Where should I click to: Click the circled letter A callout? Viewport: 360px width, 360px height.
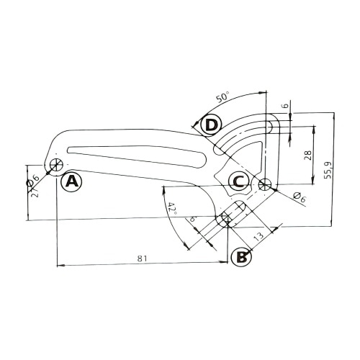tap(71, 181)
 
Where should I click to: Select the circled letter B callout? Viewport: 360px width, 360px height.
tap(241, 255)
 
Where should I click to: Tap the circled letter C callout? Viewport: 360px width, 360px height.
tap(239, 180)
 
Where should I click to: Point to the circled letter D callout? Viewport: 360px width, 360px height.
tap(210, 125)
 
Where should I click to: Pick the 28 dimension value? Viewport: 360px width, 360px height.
tap(308, 156)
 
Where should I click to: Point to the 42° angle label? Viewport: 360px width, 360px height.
tap(171, 208)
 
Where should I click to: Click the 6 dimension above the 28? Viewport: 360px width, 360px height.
tap(284, 105)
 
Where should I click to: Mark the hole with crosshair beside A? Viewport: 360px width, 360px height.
tap(55, 165)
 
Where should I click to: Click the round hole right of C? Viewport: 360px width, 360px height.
tap(266, 184)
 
